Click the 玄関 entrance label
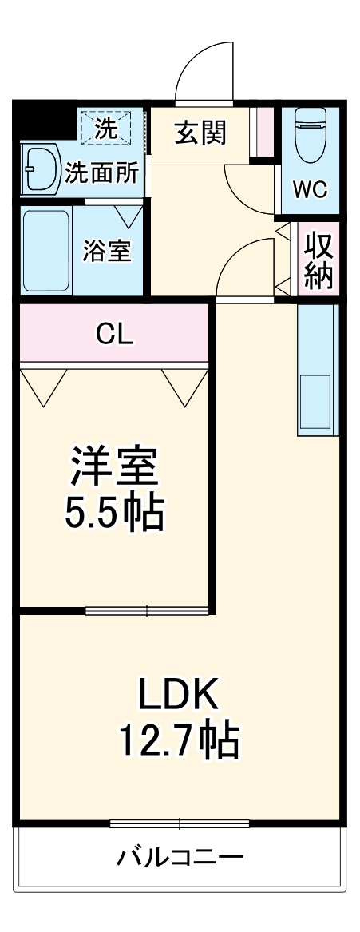[x=200, y=133]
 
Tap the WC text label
[x=310, y=189]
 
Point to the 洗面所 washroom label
[x=101, y=171]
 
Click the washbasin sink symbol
[x=40, y=169]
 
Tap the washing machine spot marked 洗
[x=105, y=126]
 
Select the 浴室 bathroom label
[x=107, y=251]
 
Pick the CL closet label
[x=115, y=335]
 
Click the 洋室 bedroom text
[x=115, y=467]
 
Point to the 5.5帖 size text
[x=115, y=514]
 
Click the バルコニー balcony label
[x=180, y=858]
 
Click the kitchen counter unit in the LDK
[x=317, y=369]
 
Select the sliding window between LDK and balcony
[x=180, y=823]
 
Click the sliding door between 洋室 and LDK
[x=148, y=612]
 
